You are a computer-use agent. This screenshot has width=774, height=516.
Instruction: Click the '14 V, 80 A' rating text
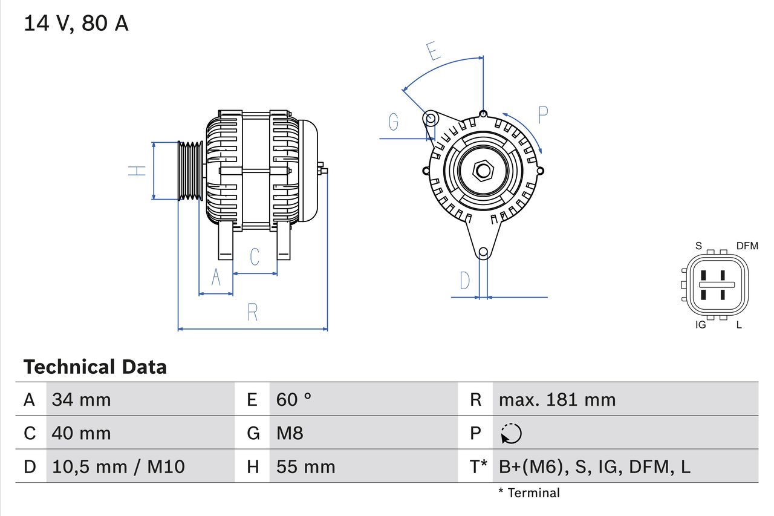coord(76,24)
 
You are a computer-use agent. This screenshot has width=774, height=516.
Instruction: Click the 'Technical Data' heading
coord(95,367)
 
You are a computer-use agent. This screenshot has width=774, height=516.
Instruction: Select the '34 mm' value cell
coord(82,399)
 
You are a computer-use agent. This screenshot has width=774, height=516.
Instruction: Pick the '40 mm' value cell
coord(82,433)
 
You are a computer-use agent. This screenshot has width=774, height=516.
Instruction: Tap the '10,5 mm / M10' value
coord(119,466)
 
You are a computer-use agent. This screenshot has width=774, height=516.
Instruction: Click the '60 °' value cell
coord(294,399)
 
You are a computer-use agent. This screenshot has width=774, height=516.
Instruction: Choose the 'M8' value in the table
coord(290,433)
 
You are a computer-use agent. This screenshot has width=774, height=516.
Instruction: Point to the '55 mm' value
coord(305,466)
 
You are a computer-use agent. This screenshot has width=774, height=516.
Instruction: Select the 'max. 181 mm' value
coord(557,399)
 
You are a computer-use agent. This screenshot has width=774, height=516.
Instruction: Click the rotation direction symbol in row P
coord(511,433)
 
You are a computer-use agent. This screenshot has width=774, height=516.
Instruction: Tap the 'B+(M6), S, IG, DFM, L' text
coord(594,466)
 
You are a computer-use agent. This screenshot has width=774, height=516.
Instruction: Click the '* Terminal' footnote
coord(529,493)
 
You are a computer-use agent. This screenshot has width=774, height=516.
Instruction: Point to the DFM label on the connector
coord(747,246)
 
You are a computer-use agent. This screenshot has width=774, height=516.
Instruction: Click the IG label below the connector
coord(701,325)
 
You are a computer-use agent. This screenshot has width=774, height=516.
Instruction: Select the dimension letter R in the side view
coord(253,313)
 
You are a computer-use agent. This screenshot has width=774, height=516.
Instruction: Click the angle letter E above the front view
coord(433,52)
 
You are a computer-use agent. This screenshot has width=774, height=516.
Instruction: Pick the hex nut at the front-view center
coord(483,171)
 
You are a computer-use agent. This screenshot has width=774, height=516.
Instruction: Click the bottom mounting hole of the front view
coord(483,252)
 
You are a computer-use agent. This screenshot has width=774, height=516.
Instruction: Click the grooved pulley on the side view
coord(190,171)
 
